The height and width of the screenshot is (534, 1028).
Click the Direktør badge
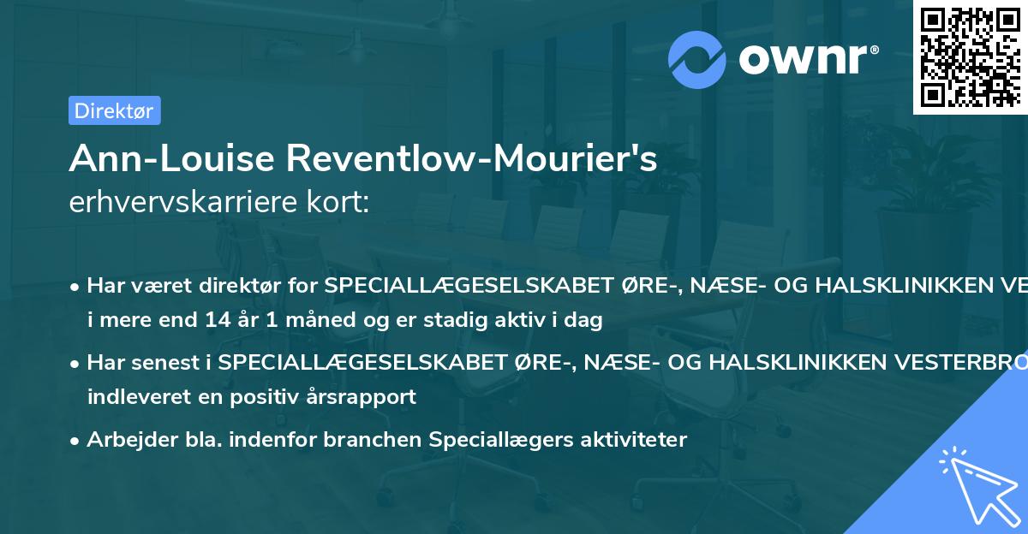[x=114, y=110]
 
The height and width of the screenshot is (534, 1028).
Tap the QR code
[x=969, y=56]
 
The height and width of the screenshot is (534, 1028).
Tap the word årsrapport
[x=363, y=397]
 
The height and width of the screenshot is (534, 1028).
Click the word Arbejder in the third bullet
[x=125, y=440]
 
